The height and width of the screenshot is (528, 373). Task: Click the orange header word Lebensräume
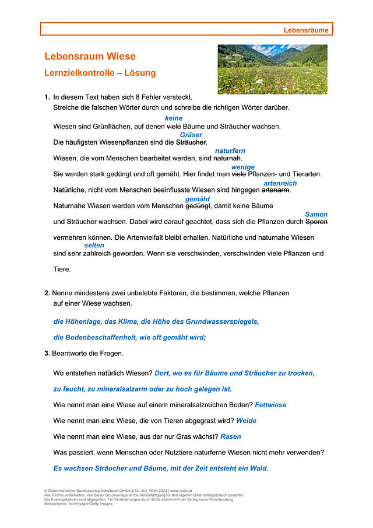coord(307,29)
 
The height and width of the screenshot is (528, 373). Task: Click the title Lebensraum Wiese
coord(90,57)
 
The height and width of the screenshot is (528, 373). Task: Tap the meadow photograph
coord(272,69)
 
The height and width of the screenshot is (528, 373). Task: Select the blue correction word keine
coord(174,118)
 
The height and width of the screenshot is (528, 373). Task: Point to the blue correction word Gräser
coord(191,135)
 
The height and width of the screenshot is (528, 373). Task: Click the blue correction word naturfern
coord(230,151)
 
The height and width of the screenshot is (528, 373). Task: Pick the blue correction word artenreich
coord(280,183)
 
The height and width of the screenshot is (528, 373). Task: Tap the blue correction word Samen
coord(316,215)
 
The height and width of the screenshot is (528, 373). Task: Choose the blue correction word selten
coord(94,246)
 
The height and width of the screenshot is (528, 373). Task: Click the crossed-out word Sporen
coord(316,222)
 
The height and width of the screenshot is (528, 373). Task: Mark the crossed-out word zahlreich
coord(97,254)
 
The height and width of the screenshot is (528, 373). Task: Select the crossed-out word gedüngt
coord(198,206)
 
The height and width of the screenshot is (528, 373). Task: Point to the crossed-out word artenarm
coord(276,190)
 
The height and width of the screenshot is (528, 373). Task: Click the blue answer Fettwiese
coord(270,405)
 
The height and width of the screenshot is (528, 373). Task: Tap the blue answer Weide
coord(246,421)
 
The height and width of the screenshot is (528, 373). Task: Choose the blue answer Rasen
coord(231,436)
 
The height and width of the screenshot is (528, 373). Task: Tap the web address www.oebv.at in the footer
coord(183,491)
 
